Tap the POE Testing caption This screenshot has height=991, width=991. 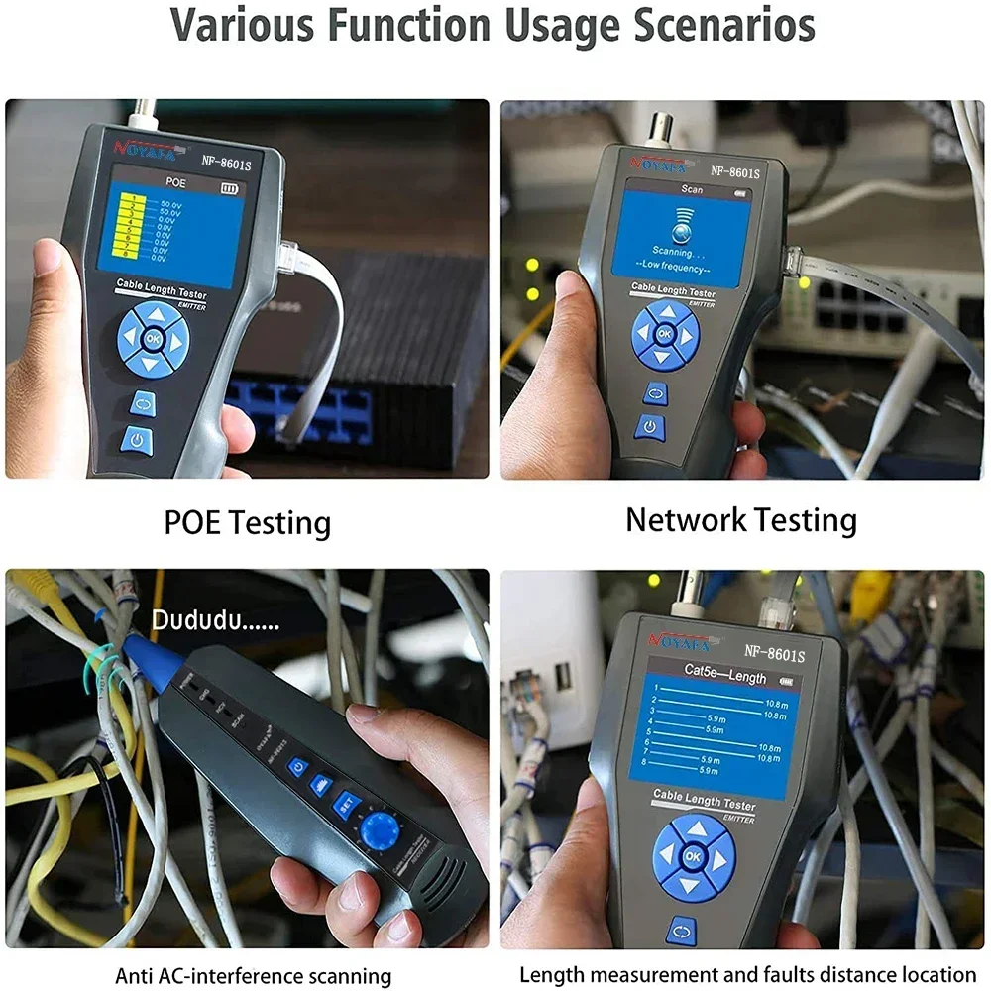click(x=247, y=522)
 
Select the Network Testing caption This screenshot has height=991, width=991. click(x=740, y=519)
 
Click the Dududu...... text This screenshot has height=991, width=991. click(x=215, y=622)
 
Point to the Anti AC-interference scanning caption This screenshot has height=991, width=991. click(x=253, y=976)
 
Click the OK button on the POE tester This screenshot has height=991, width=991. click(x=152, y=339)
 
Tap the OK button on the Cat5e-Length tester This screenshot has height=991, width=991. click(x=693, y=855)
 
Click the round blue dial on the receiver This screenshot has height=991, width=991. click(x=381, y=831)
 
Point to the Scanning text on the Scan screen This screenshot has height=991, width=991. click(x=678, y=252)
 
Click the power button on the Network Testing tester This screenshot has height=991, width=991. click(x=649, y=427)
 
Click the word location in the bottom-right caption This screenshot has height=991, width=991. click(x=937, y=975)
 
